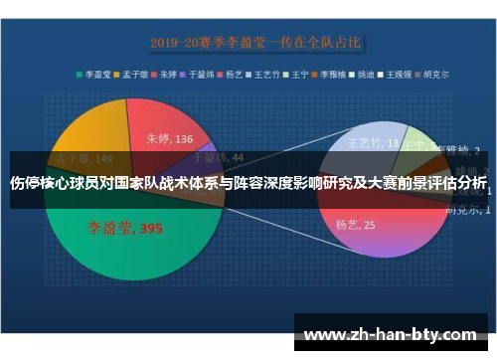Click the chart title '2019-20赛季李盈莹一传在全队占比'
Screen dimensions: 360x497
coord(256,43)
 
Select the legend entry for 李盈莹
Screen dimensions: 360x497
coord(94,73)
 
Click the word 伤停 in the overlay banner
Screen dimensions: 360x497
coord(27,183)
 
